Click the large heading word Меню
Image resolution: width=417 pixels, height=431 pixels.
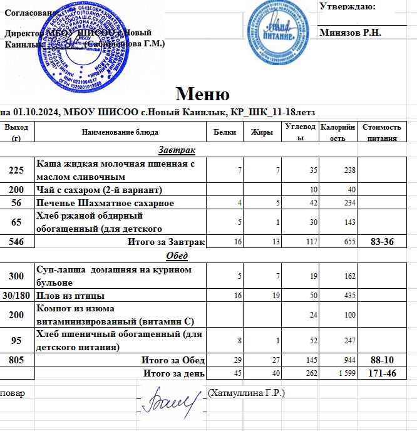click(x=202, y=94)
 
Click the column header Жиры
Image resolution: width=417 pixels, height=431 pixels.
click(x=260, y=132)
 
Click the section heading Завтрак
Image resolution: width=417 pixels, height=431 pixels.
click(x=177, y=151)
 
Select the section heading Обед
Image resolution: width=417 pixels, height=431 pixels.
click(x=177, y=256)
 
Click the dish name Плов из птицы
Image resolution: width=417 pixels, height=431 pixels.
click(x=71, y=295)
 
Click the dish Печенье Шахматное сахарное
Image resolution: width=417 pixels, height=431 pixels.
click(x=105, y=203)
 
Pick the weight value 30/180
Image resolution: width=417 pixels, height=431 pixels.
click(x=17, y=295)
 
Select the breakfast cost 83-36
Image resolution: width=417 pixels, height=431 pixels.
click(x=381, y=242)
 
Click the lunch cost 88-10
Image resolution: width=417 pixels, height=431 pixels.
click(x=381, y=360)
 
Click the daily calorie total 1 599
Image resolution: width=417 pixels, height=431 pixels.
click(x=346, y=374)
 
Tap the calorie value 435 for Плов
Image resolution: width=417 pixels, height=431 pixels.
click(x=349, y=296)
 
